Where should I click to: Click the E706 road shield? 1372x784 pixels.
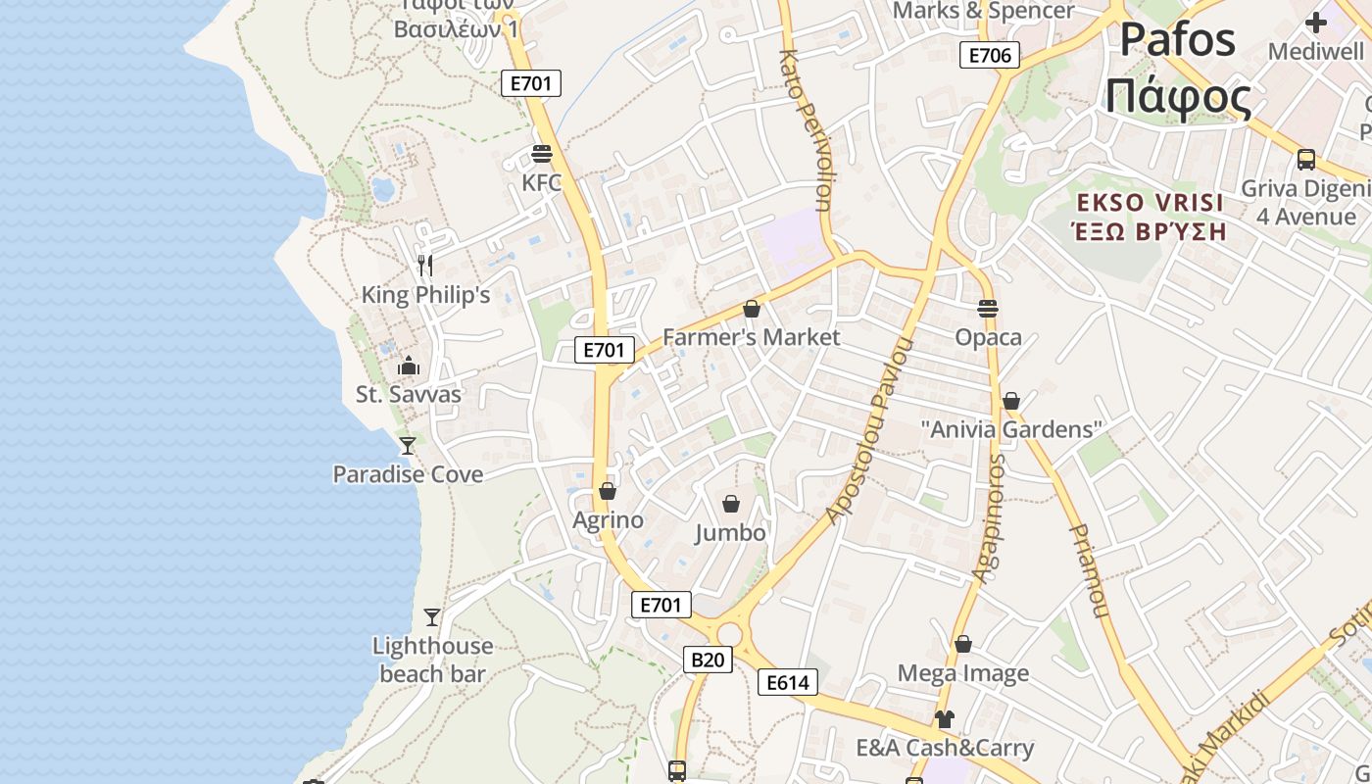coord(989,55)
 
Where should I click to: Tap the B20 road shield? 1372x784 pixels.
coord(707,660)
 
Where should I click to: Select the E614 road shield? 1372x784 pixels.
coord(787,682)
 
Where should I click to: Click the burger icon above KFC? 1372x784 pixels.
coord(541,154)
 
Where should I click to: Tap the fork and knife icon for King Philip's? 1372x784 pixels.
coord(424,265)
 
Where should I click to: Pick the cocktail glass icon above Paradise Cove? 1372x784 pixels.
coord(408,445)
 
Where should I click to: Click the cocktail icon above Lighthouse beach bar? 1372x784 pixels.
coord(432,616)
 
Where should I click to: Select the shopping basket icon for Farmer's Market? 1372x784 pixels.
coord(752,309)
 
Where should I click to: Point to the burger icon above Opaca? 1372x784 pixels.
coord(988,308)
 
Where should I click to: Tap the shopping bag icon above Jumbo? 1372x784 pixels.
coord(730,504)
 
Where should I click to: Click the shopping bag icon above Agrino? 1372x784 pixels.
coord(608,491)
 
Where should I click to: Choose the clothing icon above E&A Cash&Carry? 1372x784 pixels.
coord(944,719)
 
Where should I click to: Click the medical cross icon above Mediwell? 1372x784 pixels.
coord(1316,22)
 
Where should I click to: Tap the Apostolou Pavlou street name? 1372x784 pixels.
coord(869,431)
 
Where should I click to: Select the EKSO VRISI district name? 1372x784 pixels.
coord(1149,203)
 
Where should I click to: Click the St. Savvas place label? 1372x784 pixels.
coord(408,395)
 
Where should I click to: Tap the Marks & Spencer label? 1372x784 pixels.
coord(984,11)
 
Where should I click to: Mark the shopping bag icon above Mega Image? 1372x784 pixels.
coord(963,644)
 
